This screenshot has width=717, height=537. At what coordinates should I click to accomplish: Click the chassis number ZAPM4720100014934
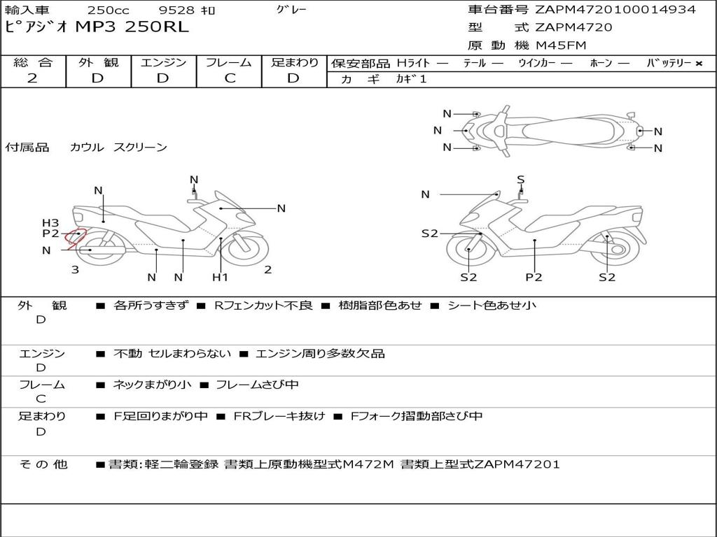(x=615, y=10)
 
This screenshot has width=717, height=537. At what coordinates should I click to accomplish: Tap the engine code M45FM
(x=561, y=45)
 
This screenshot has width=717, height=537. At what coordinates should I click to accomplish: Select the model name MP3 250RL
(x=132, y=27)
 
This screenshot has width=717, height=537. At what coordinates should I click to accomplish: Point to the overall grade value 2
(x=32, y=78)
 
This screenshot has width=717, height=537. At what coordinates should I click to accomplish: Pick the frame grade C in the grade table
(x=230, y=78)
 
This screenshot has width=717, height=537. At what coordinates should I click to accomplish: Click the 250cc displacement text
(x=109, y=10)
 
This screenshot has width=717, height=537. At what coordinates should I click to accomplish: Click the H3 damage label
(x=50, y=223)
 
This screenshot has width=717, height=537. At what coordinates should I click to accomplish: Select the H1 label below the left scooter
(x=220, y=277)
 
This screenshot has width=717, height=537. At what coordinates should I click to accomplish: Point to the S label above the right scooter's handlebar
(x=521, y=180)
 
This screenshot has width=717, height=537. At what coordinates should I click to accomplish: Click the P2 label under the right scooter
(x=534, y=277)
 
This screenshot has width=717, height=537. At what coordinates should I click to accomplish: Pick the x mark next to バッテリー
(x=699, y=64)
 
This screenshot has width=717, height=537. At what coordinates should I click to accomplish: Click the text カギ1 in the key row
(x=411, y=79)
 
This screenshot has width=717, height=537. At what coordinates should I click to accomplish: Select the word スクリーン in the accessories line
(x=140, y=147)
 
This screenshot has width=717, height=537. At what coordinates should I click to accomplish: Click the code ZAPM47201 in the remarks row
(x=517, y=464)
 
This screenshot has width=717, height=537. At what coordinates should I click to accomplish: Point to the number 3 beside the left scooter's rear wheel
(x=76, y=270)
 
